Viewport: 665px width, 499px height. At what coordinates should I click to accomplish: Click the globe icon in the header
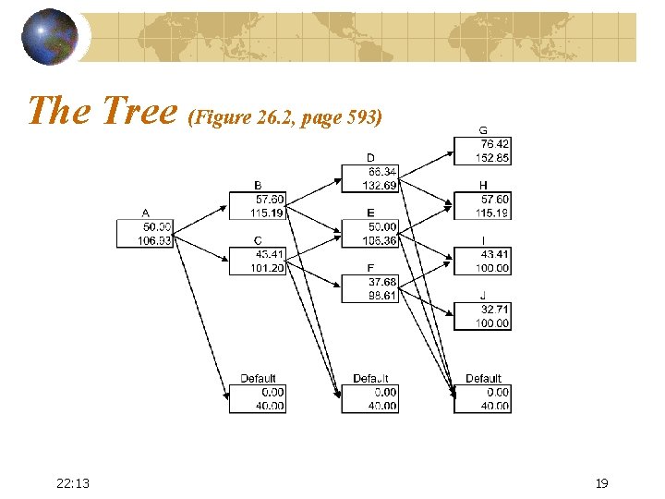pyautogui.click(x=50, y=38)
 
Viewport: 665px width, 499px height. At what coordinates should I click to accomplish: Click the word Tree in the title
pyautogui.click(x=139, y=111)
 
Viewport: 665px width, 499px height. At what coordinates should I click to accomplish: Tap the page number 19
pyautogui.click(x=602, y=482)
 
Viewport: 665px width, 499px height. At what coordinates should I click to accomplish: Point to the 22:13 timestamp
pyautogui.click(x=73, y=482)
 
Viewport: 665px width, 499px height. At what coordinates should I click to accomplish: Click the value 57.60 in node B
pyautogui.click(x=269, y=200)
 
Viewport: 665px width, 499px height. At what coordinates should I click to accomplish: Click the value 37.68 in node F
pyautogui.click(x=381, y=282)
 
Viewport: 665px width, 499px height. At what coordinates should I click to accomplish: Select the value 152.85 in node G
pyautogui.click(x=493, y=158)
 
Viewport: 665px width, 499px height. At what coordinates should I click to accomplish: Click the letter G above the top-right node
pyautogui.click(x=482, y=130)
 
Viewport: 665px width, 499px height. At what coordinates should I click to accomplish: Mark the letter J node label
pyautogui.click(x=482, y=296)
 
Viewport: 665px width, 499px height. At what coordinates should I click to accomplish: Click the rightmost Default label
pyautogui.click(x=483, y=379)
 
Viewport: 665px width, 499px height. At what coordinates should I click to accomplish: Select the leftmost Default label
pyautogui.click(x=258, y=379)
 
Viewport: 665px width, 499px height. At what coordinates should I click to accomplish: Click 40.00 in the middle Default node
pyautogui.click(x=381, y=406)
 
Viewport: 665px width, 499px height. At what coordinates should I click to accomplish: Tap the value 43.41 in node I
pyautogui.click(x=493, y=254)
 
